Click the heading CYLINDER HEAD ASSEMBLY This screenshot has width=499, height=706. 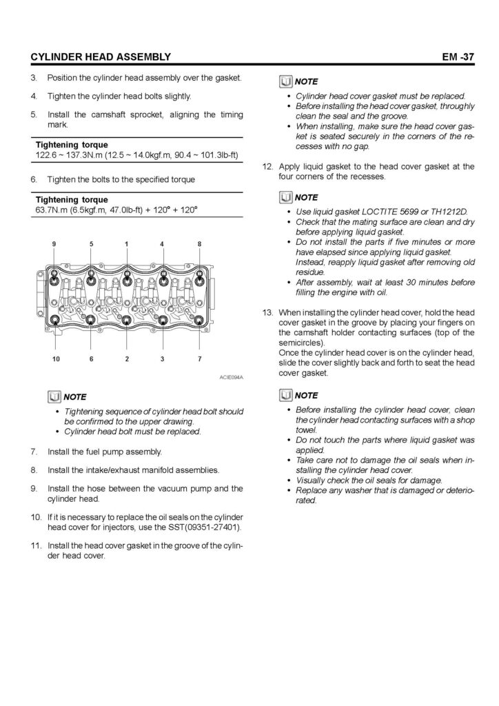(x=96, y=56)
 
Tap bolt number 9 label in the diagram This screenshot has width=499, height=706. (x=55, y=244)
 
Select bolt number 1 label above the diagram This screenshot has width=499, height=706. (x=127, y=244)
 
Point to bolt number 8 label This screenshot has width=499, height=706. (x=199, y=244)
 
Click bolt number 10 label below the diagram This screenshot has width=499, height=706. (x=55, y=359)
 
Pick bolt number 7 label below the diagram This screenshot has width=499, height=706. (x=199, y=359)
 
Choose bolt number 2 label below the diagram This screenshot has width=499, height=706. (x=127, y=359)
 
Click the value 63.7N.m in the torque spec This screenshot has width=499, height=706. (x=53, y=210)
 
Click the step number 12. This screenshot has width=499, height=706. (x=268, y=166)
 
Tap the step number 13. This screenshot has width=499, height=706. (x=268, y=313)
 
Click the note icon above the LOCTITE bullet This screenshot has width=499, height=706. (x=287, y=198)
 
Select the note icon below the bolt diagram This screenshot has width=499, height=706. (x=54, y=396)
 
